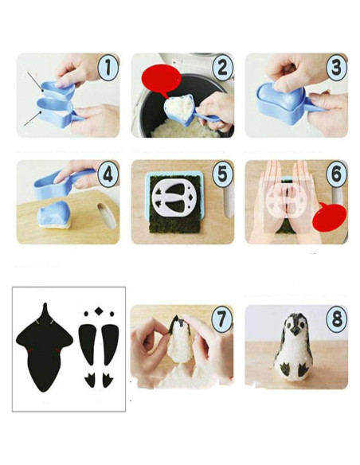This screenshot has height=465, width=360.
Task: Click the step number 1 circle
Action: (108, 68)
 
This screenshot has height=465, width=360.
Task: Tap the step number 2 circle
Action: (221, 68)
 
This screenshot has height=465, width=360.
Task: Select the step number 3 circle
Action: (335, 68)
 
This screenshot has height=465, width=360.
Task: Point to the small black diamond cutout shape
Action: (99, 312)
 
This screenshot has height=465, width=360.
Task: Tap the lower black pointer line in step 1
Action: (32, 119)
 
